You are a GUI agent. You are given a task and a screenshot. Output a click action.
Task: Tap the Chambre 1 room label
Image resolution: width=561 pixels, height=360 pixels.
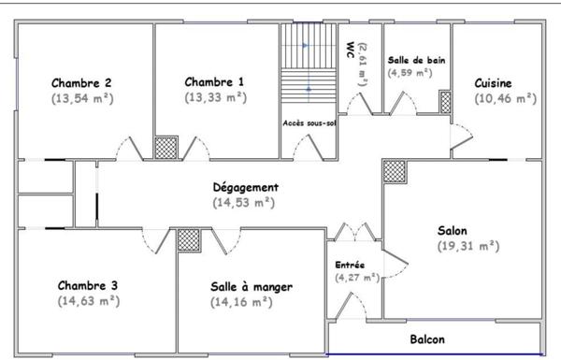[214, 81]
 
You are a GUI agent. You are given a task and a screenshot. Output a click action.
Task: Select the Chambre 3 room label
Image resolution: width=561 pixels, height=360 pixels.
[88, 285]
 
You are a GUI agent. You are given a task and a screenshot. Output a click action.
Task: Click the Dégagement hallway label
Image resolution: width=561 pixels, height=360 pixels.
[245, 187]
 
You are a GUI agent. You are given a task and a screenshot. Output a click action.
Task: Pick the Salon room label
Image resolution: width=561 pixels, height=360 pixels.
[453, 230]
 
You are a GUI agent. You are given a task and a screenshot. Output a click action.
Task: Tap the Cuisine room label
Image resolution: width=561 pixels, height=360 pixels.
[505, 82]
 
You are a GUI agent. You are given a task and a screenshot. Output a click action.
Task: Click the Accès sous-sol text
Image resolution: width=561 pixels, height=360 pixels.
[309, 122]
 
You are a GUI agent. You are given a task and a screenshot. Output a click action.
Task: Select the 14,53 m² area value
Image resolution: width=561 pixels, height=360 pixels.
[244, 202]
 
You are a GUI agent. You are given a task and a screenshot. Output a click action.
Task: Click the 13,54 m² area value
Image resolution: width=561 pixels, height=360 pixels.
[82, 96]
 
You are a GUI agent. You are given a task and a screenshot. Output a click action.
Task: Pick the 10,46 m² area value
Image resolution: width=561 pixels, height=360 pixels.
[505, 97]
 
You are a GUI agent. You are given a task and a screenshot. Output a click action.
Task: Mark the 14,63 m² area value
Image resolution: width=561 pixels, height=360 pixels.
[88, 300]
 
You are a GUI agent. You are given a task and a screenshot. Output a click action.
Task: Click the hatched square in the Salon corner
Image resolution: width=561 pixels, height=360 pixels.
[395, 170]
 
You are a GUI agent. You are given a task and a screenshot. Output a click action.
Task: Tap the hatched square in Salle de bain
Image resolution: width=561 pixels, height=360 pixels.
[445, 101]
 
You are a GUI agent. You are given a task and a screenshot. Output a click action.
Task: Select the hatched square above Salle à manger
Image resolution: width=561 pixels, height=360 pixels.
[188, 238]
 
